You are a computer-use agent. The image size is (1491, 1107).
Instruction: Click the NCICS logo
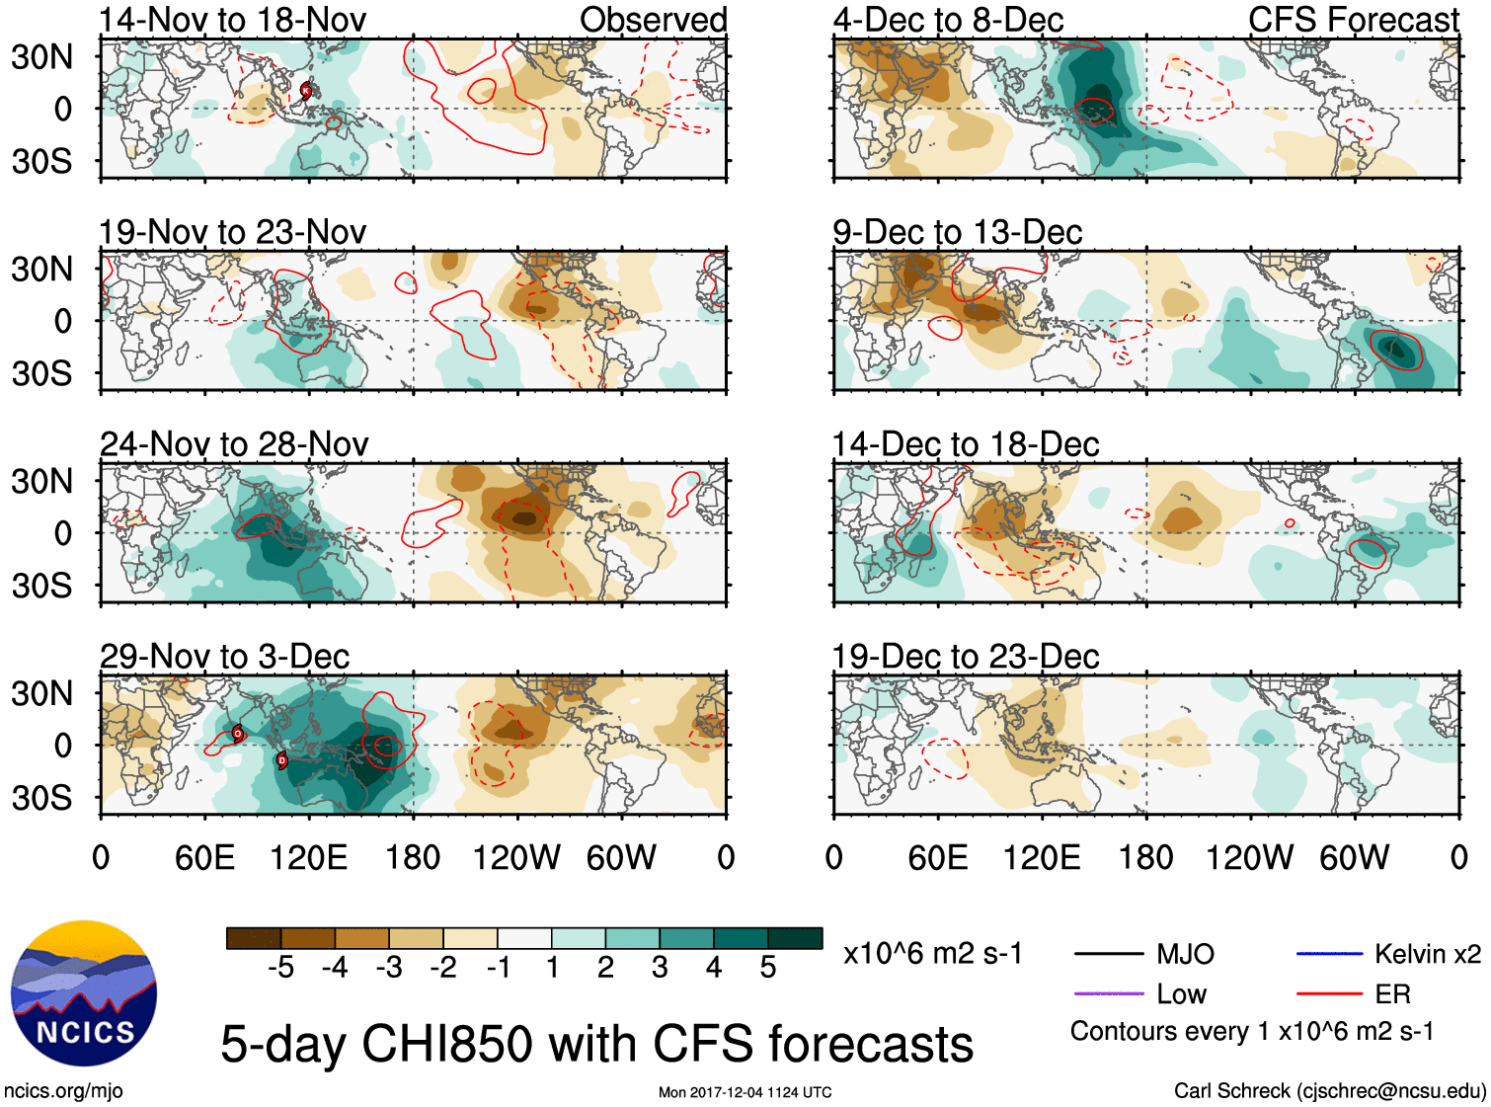[83, 993]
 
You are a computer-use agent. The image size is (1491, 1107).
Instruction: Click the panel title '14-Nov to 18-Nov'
[233, 20]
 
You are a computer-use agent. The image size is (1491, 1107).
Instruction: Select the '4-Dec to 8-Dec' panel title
[948, 20]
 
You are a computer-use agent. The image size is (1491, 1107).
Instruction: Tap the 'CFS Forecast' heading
[1353, 20]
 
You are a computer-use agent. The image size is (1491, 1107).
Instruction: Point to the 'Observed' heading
[653, 20]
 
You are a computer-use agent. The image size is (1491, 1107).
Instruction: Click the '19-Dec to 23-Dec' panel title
[966, 657]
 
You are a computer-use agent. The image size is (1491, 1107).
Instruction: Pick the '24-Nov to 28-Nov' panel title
[234, 444]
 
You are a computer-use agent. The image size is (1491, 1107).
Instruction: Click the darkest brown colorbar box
[254, 938]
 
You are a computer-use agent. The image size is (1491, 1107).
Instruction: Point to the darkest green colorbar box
[795, 938]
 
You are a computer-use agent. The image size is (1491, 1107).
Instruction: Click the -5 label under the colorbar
[280, 968]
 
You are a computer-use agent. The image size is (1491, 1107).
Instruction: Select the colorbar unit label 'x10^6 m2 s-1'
[932, 954]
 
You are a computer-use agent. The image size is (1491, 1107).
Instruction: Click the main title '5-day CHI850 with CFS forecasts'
[596, 1045]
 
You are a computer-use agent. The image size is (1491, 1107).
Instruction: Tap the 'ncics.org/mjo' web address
[63, 1091]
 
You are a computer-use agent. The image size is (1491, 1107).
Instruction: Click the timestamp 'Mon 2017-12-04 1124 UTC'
[745, 1092]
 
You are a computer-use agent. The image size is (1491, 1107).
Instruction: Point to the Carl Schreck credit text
[1329, 1091]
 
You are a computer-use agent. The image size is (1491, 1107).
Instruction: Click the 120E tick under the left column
[309, 857]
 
